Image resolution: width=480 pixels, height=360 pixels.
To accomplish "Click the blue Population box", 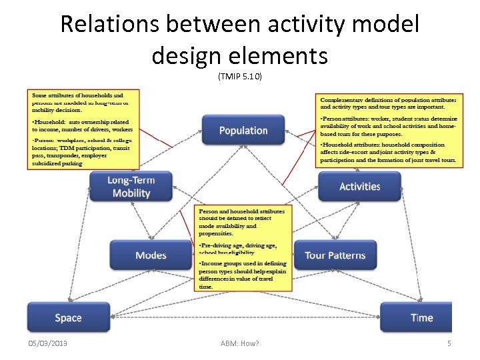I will (x=243, y=130).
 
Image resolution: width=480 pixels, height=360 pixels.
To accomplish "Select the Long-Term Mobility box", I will (x=131, y=187).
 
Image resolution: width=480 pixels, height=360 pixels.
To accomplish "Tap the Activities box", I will (x=359, y=187).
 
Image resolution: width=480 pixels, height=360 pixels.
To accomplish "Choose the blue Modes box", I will (x=151, y=255).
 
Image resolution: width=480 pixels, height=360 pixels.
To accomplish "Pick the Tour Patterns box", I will (x=335, y=255).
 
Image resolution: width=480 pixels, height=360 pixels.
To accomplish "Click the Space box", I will (x=68, y=318).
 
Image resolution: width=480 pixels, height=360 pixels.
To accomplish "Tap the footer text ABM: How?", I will (x=239, y=343).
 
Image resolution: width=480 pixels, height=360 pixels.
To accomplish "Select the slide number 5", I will (x=449, y=343).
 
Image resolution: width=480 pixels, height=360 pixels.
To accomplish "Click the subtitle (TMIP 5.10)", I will (x=240, y=76).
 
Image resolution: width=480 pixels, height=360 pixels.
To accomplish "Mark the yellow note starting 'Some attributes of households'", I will (x=83, y=129).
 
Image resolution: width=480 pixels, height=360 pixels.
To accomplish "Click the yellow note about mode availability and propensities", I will (x=245, y=248).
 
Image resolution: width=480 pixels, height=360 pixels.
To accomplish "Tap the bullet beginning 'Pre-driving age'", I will (x=243, y=249).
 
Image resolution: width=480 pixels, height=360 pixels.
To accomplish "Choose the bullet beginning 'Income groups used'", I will (x=243, y=275).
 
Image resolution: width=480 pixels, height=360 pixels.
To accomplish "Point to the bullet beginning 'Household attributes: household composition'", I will (x=388, y=152).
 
